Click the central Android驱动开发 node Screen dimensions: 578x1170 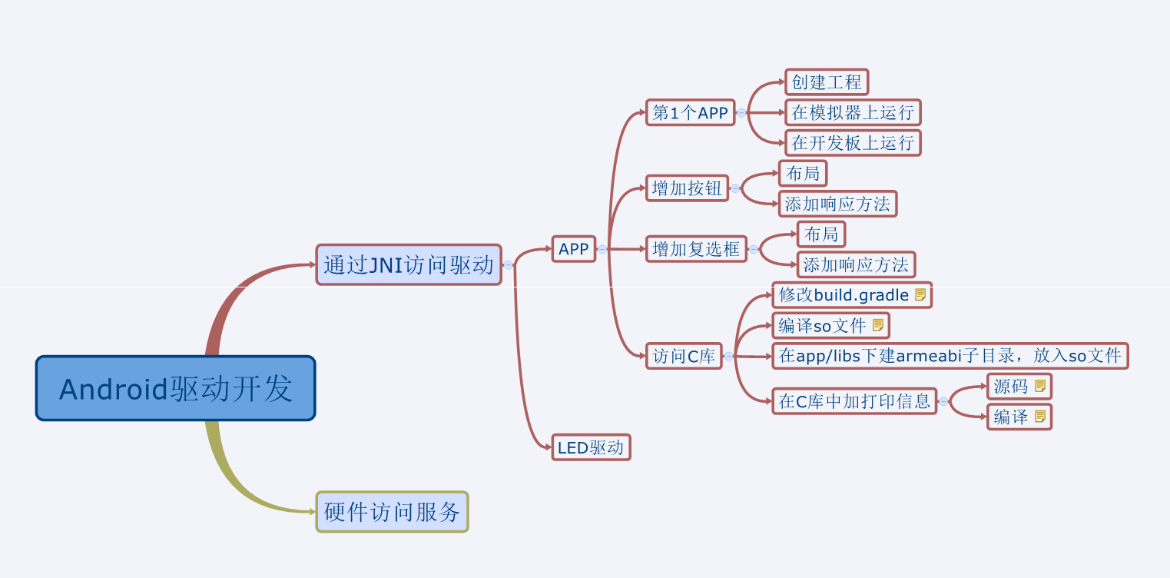click(x=175, y=388)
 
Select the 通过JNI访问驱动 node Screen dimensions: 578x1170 click(x=408, y=265)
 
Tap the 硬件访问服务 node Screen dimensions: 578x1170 click(x=392, y=512)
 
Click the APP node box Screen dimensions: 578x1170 click(x=573, y=249)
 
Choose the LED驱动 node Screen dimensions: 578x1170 click(x=591, y=447)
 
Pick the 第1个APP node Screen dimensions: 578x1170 click(x=690, y=113)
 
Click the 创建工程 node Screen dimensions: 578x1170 click(x=827, y=82)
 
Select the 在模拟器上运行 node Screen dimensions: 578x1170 click(x=853, y=113)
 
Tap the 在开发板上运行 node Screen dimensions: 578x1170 click(x=853, y=143)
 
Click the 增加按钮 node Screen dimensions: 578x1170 click(x=687, y=188)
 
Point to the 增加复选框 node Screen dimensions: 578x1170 click(x=696, y=249)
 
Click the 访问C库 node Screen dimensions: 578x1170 click(x=684, y=356)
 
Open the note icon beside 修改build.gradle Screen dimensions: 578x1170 click(x=920, y=295)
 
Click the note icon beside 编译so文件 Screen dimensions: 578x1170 click(x=878, y=325)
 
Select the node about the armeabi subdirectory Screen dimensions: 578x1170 click(x=950, y=356)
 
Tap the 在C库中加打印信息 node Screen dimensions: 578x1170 click(x=854, y=401)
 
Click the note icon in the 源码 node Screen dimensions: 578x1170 click(x=1040, y=386)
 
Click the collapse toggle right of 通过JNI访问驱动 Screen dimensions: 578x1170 click(x=508, y=265)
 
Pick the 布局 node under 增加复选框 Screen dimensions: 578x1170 click(x=821, y=234)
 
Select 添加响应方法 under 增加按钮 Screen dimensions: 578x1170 click(x=837, y=204)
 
